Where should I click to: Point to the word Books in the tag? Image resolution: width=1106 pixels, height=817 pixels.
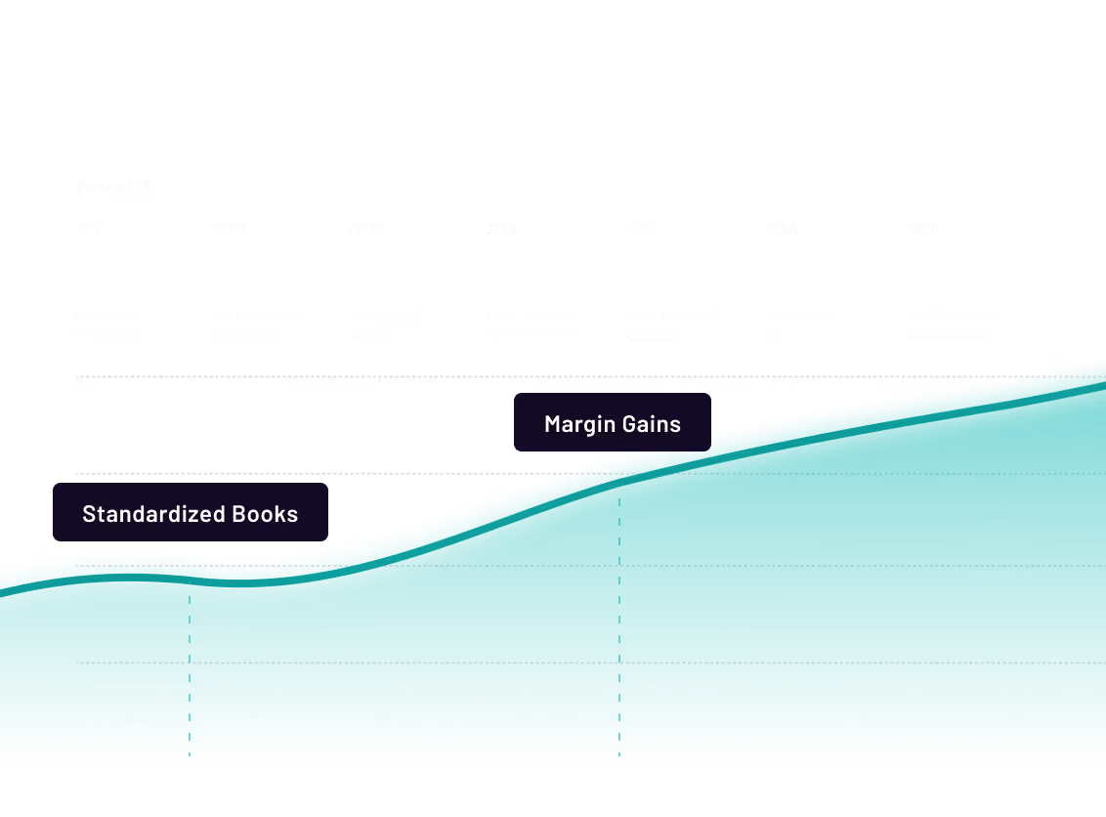[x=265, y=514]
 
